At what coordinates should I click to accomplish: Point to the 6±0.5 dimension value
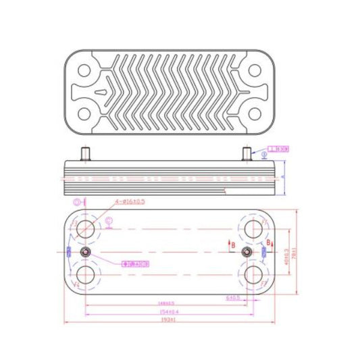pyautogui.click(x=234, y=297)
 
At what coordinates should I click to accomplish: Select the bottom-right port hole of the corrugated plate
pyautogui.click(x=255, y=113)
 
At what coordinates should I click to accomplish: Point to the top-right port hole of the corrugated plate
pyautogui.click(x=255, y=70)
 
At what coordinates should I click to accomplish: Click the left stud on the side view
pyautogui.click(x=85, y=153)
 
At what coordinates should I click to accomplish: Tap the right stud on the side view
pyautogui.click(x=247, y=153)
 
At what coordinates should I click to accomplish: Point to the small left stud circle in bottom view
pyautogui.click(x=86, y=252)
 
